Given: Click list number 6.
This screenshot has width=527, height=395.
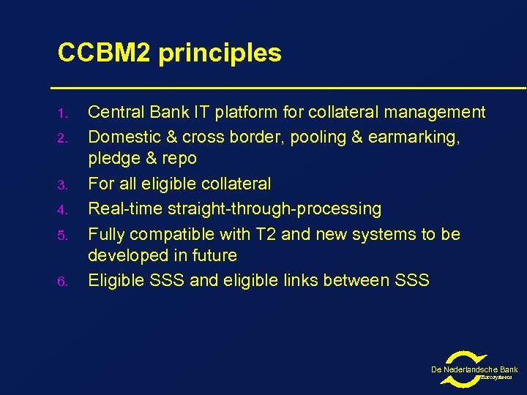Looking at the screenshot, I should coord(63,282).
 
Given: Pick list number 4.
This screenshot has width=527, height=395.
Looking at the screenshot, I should coord(63,211).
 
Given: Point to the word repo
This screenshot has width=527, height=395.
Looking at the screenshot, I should coord(179,159).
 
